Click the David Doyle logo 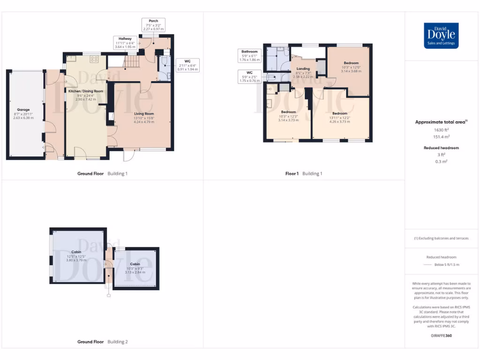441,36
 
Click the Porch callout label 153,25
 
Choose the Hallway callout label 125,43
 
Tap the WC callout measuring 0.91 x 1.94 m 187,65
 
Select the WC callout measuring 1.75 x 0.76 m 249,76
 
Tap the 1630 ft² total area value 441,130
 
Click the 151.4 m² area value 441,137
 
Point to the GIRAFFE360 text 441,336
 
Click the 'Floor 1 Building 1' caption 304,173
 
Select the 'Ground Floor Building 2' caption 102,342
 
